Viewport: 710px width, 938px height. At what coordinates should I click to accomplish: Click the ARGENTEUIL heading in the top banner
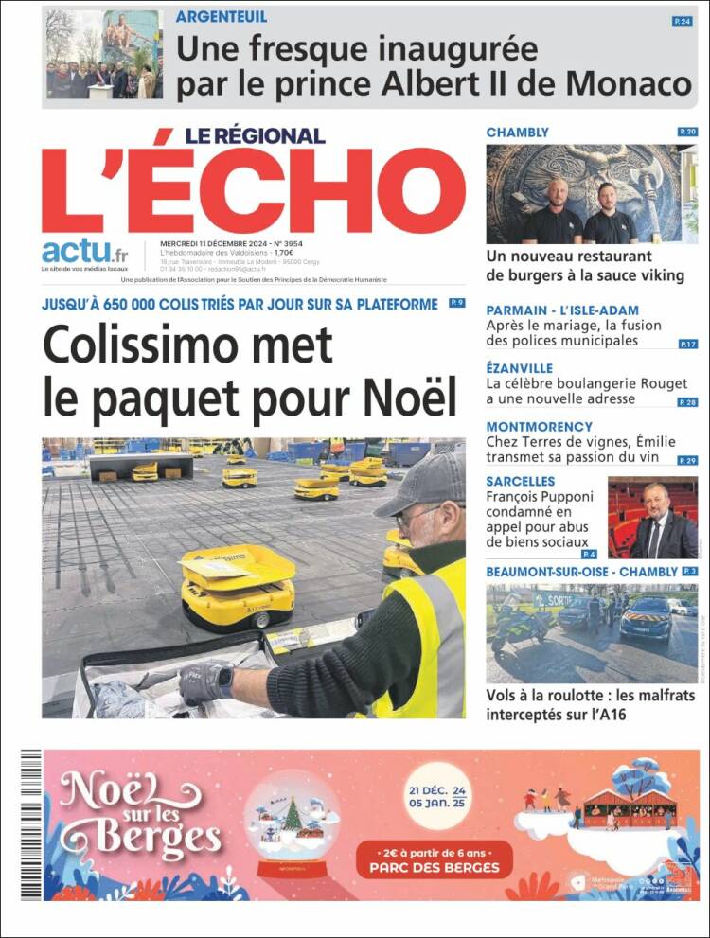tap(222, 17)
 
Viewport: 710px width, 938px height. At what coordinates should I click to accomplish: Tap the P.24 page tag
tap(682, 21)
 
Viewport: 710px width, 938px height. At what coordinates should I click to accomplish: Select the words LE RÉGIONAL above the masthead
tap(255, 135)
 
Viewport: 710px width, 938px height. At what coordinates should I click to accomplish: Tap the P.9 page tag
tap(456, 303)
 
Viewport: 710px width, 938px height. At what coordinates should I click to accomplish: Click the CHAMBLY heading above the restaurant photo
tap(517, 133)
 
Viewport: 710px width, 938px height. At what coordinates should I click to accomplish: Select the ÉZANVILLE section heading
tap(519, 368)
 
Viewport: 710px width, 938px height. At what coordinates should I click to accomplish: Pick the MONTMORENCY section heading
tap(539, 427)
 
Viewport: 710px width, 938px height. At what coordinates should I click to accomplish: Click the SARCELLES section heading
tap(520, 482)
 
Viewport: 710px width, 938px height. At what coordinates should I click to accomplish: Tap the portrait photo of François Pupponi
tap(651, 518)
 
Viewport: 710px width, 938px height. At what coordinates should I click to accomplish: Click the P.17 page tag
tap(687, 344)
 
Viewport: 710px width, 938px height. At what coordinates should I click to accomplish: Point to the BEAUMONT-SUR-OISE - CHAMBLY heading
tap(581, 572)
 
